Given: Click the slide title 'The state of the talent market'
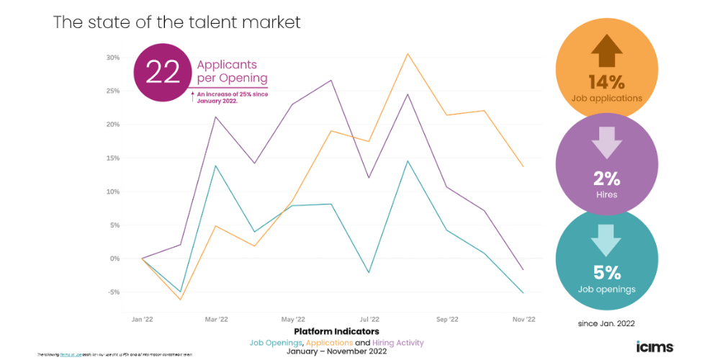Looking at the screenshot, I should (177, 22).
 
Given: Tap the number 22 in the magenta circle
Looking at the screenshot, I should (163, 72).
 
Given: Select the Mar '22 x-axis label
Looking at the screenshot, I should (217, 319).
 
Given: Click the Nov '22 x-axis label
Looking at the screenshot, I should (523, 319).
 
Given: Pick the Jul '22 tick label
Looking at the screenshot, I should (370, 319).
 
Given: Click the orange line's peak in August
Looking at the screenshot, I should (408, 53).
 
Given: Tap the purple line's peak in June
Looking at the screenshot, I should (331, 80).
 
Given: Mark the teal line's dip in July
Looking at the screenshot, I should (369, 272).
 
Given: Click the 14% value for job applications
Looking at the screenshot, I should (606, 81).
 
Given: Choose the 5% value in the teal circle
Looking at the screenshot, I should (606, 273).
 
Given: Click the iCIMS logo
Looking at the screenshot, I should (654, 346).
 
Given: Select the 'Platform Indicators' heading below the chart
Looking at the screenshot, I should (336, 331).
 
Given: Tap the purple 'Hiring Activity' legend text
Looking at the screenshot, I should (398, 343).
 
